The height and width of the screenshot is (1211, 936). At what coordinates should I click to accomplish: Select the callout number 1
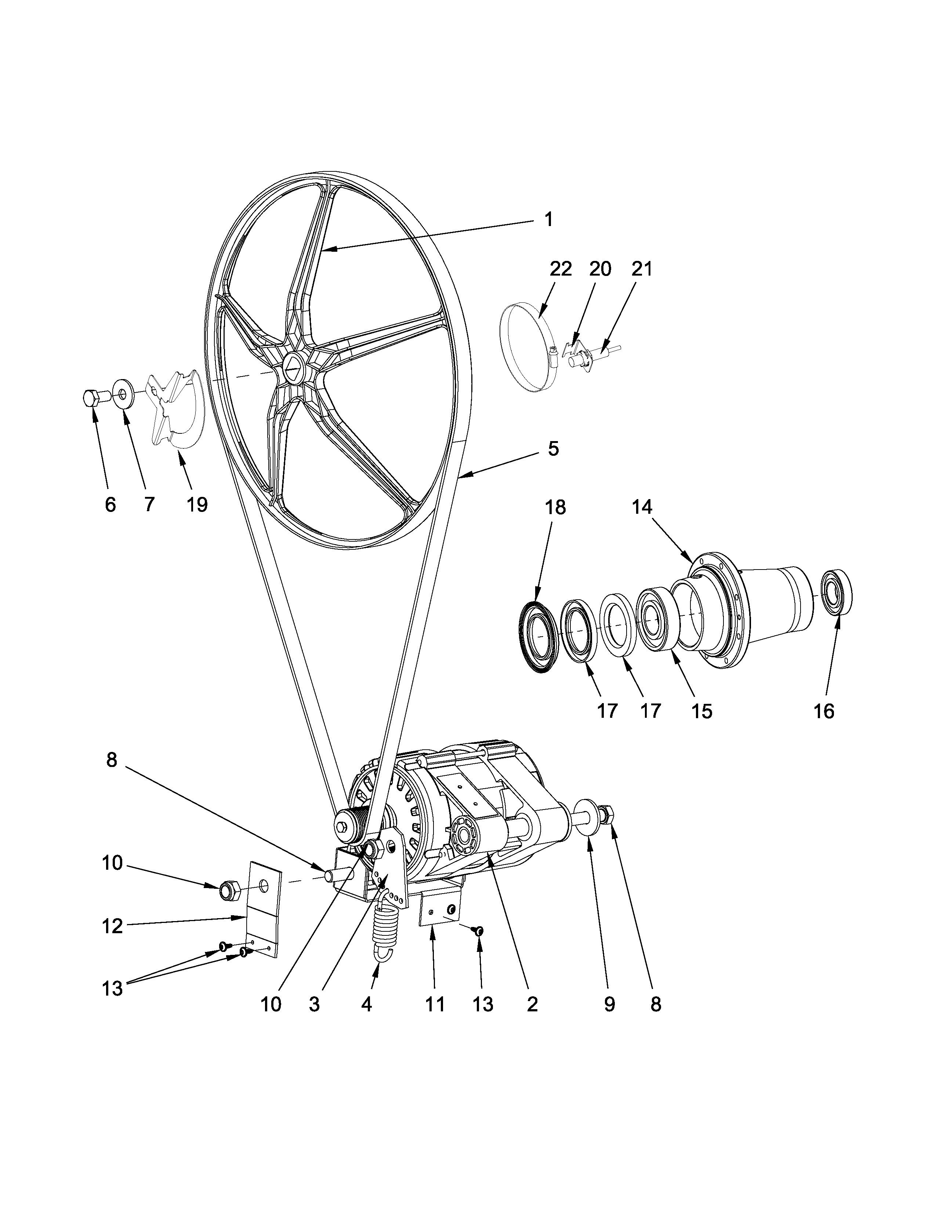point(548,220)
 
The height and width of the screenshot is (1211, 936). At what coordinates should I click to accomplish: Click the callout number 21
point(642,269)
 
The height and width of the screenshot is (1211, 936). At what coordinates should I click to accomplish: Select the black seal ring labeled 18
point(537,638)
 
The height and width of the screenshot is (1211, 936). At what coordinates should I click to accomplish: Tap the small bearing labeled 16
point(836,592)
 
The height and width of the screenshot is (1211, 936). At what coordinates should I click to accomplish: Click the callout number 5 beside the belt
point(553,448)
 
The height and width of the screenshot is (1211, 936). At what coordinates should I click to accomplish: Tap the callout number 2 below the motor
point(532,1004)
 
